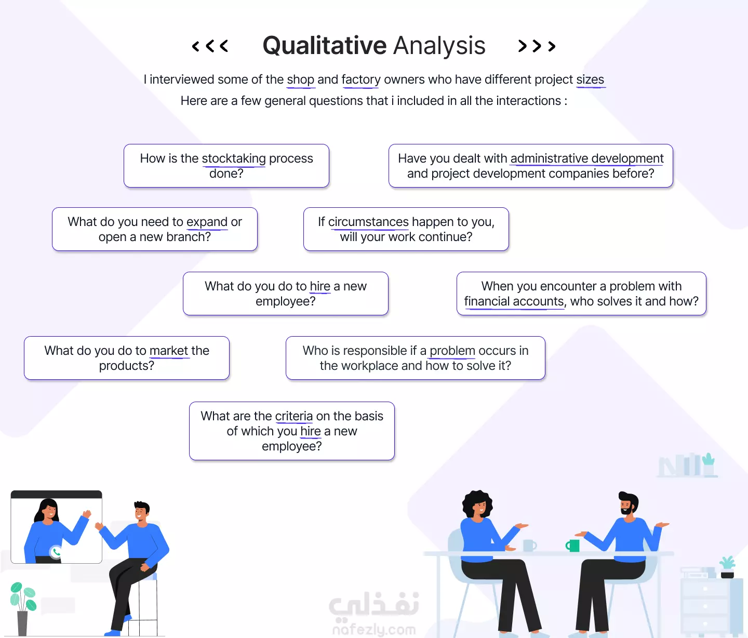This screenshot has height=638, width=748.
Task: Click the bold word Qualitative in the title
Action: [324, 46]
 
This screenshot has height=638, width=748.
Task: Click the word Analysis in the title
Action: [439, 46]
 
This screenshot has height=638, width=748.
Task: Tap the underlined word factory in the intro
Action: [361, 79]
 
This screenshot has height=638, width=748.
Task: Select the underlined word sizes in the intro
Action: [590, 79]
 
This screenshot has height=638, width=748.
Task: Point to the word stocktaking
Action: [234, 158]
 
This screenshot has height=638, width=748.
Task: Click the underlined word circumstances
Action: [368, 221]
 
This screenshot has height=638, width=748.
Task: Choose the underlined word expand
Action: [207, 221]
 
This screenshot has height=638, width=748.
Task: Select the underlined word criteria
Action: [294, 416]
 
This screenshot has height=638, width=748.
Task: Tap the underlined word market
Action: [169, 350]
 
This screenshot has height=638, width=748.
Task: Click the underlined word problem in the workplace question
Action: [452, 350]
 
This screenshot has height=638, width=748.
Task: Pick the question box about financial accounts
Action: [581, 294]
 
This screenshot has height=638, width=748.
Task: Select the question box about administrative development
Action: [530, 166]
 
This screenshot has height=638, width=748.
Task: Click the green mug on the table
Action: [572, 546]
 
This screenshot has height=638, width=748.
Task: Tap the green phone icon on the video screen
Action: [56, 552]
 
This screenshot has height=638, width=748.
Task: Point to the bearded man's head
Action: [628, 503]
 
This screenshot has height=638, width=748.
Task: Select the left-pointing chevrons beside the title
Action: [210, 46]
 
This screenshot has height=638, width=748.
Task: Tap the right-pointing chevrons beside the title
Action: [537, 46]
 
